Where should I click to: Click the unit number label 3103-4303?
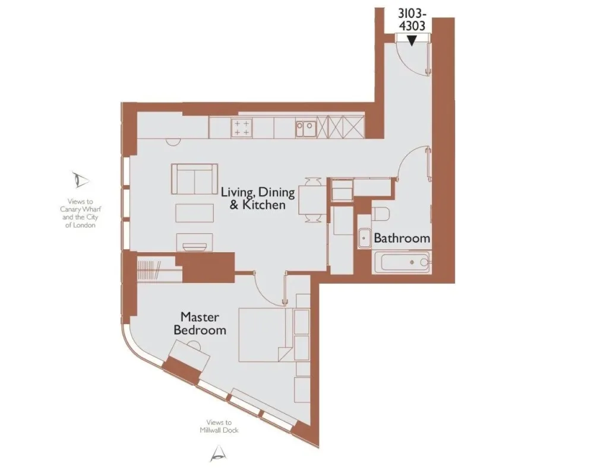coord(412,20)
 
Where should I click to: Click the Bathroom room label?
coord(402,238)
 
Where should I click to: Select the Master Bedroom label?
coord(200,323)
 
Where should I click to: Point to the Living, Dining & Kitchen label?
coord(258,198)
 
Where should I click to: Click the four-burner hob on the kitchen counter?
coord(241,128)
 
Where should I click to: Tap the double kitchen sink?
coord(306,128)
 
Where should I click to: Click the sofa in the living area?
coord(194,179)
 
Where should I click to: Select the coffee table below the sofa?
coord(194,212)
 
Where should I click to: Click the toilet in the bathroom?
coord(380,214)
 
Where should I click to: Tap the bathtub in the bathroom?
coord(401,262)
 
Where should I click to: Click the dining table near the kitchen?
coord(312,200)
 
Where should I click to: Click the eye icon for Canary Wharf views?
coord(80,180)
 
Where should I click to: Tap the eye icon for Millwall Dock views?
coord(219,453)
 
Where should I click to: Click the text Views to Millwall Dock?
coord(219,426)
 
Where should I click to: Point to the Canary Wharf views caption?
coord(80,214)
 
